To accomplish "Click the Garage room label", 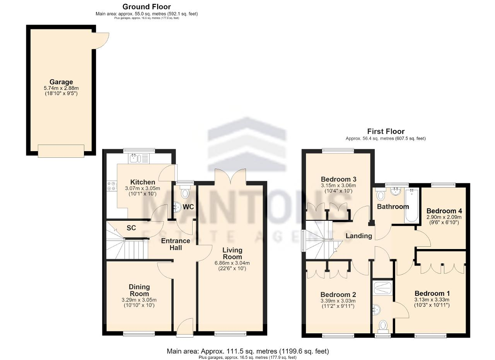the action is pos(61,82).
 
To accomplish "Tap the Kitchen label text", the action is pos(143,182).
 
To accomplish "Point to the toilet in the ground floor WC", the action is pos(185,192).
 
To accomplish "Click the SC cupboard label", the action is pos(131,228).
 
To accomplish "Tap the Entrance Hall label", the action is pos(176,244).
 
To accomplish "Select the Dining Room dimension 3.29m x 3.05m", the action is pos(139,300).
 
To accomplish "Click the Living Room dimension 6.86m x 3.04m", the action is pos(232,263).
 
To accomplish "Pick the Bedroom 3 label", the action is pos(338,179).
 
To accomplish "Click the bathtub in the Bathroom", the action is pos(411,205).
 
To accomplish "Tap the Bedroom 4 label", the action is pos(444,211).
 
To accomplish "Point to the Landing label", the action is pos(359,236).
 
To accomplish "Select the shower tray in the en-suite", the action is pos(382,288).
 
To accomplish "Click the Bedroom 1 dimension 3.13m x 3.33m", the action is pos(432,300).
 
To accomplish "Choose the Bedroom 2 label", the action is pos(338,295).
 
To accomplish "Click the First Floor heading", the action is pos(386,131).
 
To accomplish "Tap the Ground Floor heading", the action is pos(147,7).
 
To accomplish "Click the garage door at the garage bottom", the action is pos(61,151).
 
